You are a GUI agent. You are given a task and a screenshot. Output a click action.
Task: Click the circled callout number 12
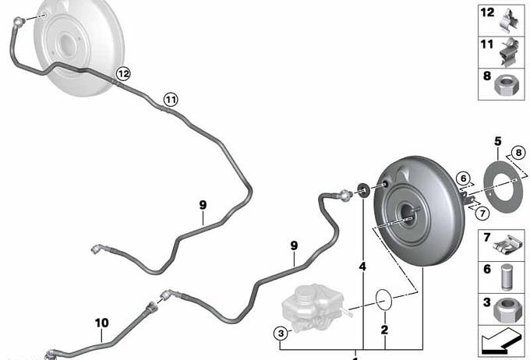point(123,73)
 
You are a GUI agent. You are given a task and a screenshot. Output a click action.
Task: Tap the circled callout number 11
point(171,100)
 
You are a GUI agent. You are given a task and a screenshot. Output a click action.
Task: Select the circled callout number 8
point(518,153)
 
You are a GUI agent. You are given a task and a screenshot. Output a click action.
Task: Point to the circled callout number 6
point(463,178)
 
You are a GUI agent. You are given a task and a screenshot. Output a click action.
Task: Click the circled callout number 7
point(482,214)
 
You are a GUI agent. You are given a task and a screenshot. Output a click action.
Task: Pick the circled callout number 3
point(281,334)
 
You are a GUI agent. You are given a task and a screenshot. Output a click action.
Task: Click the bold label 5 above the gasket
point(498,141)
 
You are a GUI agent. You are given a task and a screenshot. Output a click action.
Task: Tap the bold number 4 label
point(362,266)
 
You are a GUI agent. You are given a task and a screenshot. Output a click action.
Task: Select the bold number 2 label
point(385,330)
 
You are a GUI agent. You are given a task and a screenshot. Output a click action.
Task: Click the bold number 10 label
point(102,323)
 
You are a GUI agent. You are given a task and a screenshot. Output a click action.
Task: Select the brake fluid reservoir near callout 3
point(313,309)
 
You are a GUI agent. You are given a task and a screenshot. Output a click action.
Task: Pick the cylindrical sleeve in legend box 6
point(507,277)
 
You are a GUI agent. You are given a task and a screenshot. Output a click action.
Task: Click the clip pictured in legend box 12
point(509,20)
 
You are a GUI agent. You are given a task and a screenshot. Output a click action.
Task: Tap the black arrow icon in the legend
point(501,341)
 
